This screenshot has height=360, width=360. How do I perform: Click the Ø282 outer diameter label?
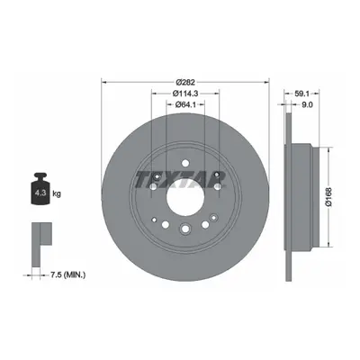click(185, 82)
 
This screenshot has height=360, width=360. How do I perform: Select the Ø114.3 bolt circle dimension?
click(185, 94)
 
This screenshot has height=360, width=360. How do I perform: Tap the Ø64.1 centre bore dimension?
click(185, 104)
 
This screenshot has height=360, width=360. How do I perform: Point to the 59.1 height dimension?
click(301, 94)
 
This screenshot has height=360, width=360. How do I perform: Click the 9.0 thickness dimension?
click(308, 104)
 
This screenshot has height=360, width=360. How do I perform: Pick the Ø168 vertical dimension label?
click(328, 197)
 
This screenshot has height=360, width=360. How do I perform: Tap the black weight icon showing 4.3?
click(40, 189)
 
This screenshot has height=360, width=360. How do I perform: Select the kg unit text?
click(57, 193)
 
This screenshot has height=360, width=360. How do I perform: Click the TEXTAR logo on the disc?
click(180, 179)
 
